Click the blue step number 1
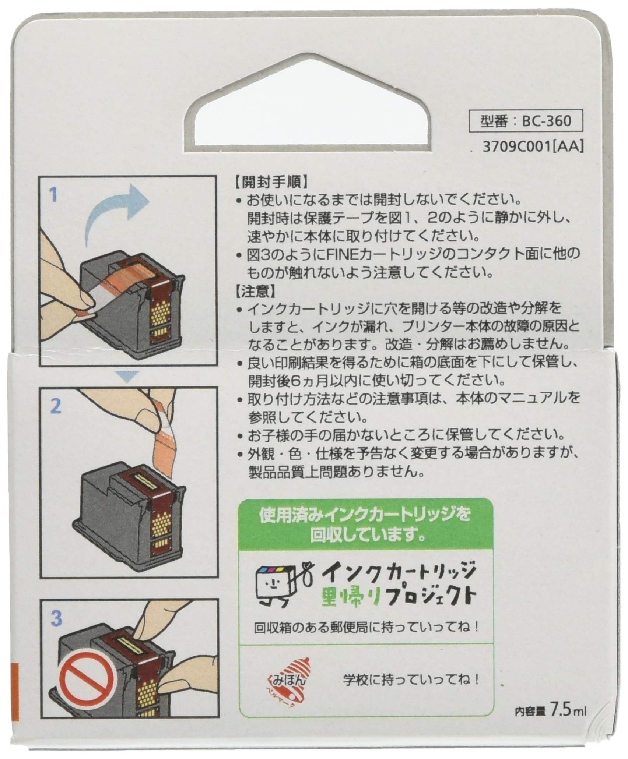point(55,195)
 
